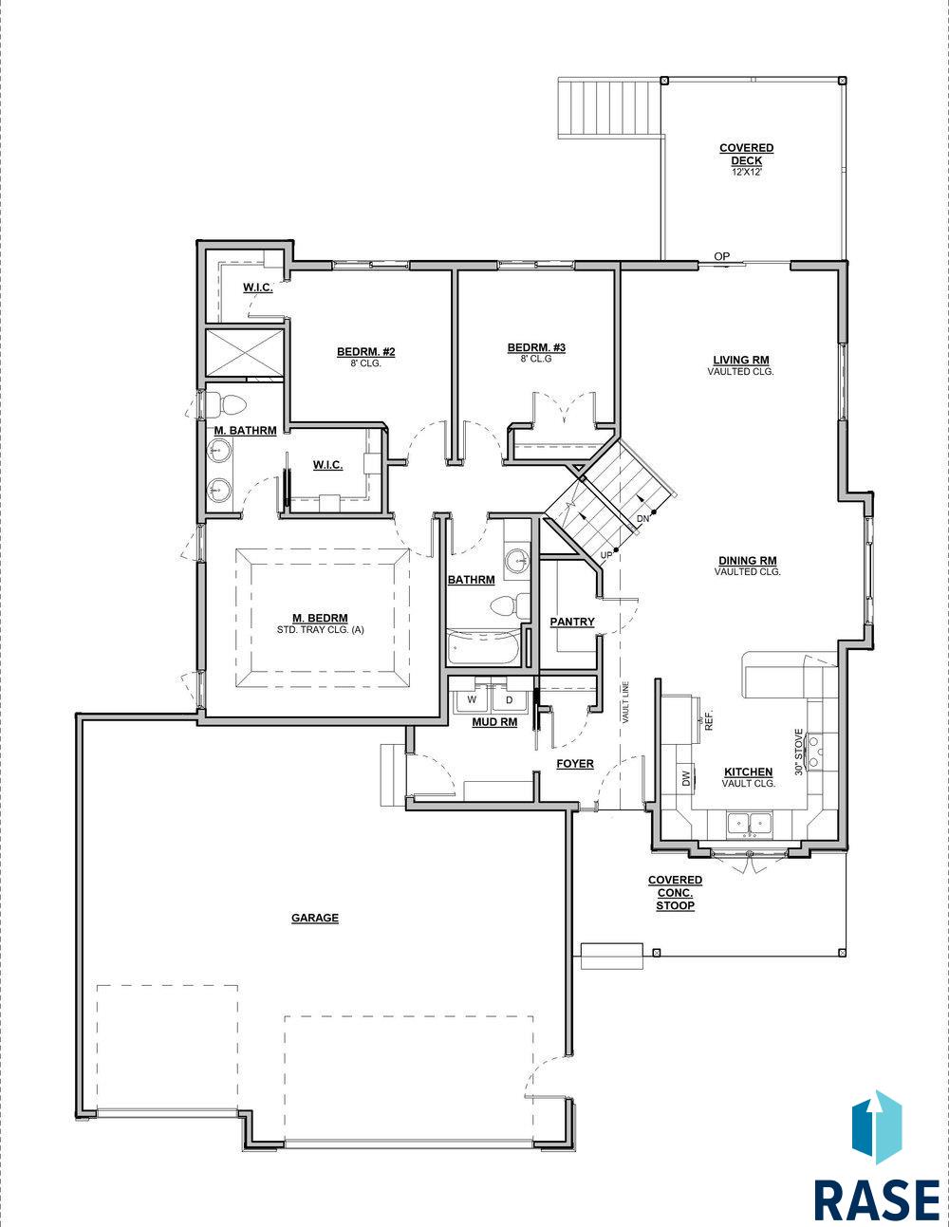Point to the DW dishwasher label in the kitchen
[x=686, y=779]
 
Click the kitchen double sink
[x=750, y=824]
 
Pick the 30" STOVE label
[x=799, y=752]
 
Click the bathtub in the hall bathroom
[x=483, y=647]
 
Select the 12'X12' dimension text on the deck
[x=746, y=172]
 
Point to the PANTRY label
[x=572, y=622]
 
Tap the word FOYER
[x=575, y=764]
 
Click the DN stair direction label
[x=643, y=518]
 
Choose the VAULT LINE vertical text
[x=625, y=702]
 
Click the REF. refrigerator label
[x=710, y=721]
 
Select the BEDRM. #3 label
[x=536, y=347]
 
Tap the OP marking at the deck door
[x=721, y=256]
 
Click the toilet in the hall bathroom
[x=511, y=606]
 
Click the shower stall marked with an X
[x=243, y=353]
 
